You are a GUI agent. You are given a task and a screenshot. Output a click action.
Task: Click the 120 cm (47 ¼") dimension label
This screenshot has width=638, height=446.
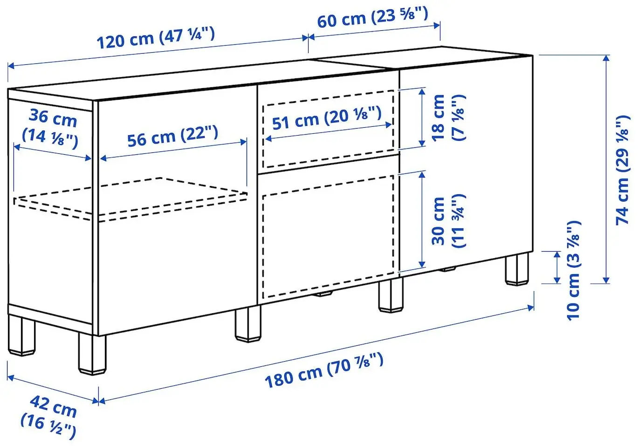(x=155, y=38)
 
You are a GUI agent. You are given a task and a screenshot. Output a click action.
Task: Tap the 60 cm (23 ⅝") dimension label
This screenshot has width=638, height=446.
(x=372, y=18)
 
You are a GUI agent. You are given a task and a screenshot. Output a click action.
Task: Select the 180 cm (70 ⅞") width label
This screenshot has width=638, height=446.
(x=324, y=371)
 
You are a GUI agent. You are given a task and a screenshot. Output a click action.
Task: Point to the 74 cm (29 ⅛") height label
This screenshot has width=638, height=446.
(x=623, y=170)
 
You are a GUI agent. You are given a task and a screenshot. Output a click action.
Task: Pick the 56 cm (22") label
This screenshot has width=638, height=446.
(x=172, y=136)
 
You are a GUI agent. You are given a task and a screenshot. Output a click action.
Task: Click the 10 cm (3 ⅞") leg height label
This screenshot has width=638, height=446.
(x=574, y=270)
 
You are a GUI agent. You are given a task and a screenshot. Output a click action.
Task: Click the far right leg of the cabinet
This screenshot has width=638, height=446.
(x=517, y=269)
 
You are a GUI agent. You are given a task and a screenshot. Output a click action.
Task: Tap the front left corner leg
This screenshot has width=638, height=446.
(x=92, y=354)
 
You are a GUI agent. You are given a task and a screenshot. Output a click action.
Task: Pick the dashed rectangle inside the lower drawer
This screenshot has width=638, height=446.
(x=328, y=238)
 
